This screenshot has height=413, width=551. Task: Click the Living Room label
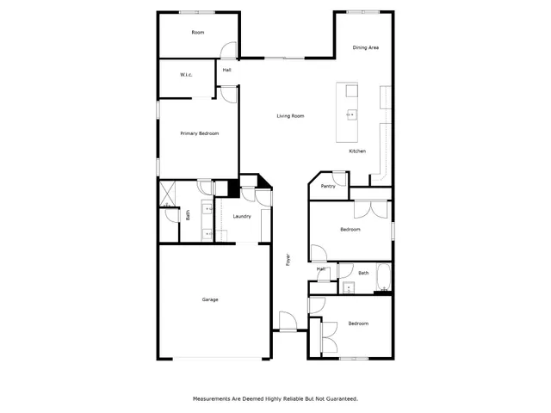(x=290, y=116)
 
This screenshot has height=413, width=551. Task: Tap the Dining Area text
(x=367, y=47)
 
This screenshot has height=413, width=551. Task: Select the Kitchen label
(x=356, y=151)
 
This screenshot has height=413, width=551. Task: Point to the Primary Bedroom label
(x=199, y=133)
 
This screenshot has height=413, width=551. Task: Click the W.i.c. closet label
(x=186, y=75)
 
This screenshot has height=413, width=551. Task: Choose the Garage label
(x=210, y=299)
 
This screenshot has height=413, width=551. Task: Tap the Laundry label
(x=242, y=216)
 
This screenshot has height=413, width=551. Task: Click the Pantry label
(x=328, y=186)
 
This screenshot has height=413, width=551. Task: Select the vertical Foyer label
(x=288, y=258)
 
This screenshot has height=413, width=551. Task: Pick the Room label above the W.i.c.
(x=198, y=32)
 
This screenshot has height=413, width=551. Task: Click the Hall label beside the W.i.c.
(x=227, y=70)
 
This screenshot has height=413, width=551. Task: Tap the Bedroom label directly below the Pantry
(x=350, y=230)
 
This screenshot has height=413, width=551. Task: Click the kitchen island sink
(x=351, y=114)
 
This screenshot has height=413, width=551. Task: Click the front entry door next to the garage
(x=287, y=322)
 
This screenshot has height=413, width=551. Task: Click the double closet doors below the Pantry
(x=372, y=209)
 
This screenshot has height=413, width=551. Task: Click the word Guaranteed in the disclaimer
(x=339, y=398)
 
